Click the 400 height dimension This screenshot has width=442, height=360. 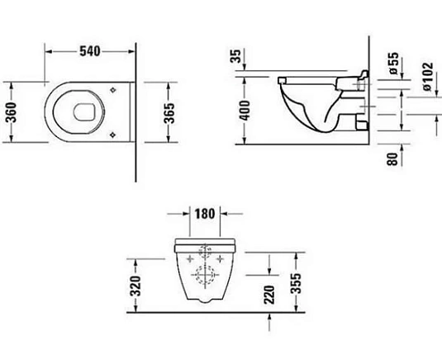[242, 106]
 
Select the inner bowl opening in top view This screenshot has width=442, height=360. [86, 107]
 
